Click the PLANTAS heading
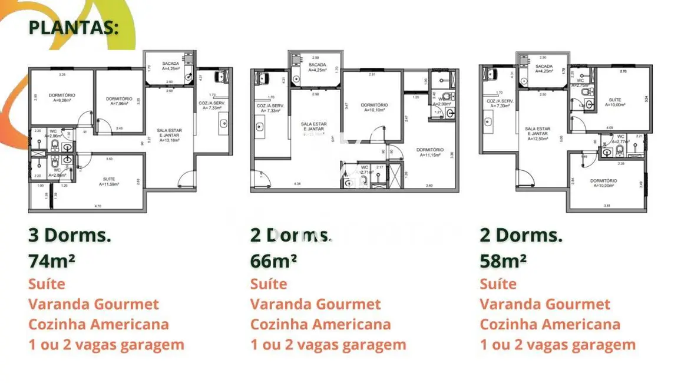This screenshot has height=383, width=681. pyautogui.click(x=73, y=28)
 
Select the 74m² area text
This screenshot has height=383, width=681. pyautogui.click(x=52, y=260)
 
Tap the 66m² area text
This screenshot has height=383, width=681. pyautogui.click(x=273, y=260)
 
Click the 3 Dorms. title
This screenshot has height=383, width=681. pyautogui.click(x=70, y=235)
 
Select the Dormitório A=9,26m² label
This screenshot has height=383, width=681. pyautogui.click(x=62, y=97)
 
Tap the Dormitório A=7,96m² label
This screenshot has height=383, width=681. pyautogui.click(x=121, y=100)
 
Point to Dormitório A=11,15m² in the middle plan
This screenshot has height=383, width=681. pyautogui.click(x=430, y=151)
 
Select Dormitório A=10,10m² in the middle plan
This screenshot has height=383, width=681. pyautogui.click(x=374, y=107)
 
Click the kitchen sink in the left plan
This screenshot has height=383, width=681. pyautogui.click(x=223, y=124)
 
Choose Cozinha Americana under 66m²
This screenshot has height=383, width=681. pyautogui.click(x=320, y=325)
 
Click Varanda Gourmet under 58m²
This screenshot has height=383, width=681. pyautogui.click(x=544, y=305)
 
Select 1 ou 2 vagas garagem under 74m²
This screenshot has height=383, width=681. pyautogui.click(x=106, y=345)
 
